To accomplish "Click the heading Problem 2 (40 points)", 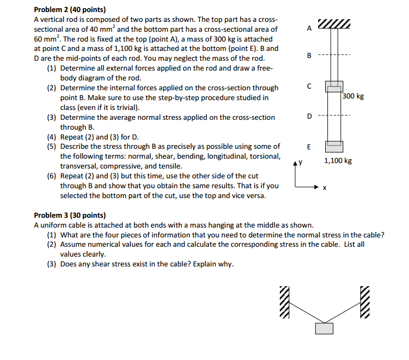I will tap(70, 9).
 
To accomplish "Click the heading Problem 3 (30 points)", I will tap(70, 216).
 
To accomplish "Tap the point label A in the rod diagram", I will tap(309, 28).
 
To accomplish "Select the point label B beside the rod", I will tap(309, 56).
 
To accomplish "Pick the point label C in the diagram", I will tap(309, 86).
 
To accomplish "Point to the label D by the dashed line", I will tap(309, 116).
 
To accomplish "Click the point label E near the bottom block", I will tap(309, 147).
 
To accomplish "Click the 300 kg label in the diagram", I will tap(353, 96).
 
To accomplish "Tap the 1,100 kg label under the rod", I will tap(338, 161).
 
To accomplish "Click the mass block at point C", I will tap(334, 86).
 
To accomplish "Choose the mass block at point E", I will tap(334, 146).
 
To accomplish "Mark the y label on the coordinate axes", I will tap(301, 162).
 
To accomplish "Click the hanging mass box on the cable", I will tap(324, 328).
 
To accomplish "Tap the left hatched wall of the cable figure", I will tap(284, 303).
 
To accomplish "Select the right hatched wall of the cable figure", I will tap(365, 303).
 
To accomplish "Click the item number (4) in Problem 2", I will tap(51, 137).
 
